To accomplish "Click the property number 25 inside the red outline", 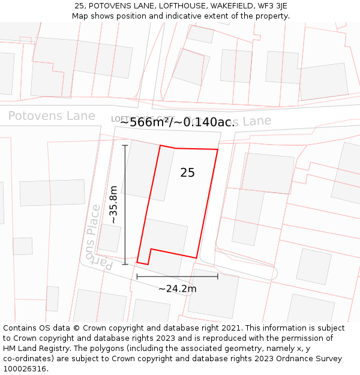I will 187,173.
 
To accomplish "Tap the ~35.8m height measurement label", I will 113,205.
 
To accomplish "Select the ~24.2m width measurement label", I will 178,289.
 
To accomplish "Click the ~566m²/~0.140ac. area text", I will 178,122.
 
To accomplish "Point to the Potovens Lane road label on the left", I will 52,116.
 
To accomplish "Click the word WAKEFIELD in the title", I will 224,6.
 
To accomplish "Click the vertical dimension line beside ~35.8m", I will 125,204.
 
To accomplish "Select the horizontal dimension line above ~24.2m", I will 177,277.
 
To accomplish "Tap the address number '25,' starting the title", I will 79,6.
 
